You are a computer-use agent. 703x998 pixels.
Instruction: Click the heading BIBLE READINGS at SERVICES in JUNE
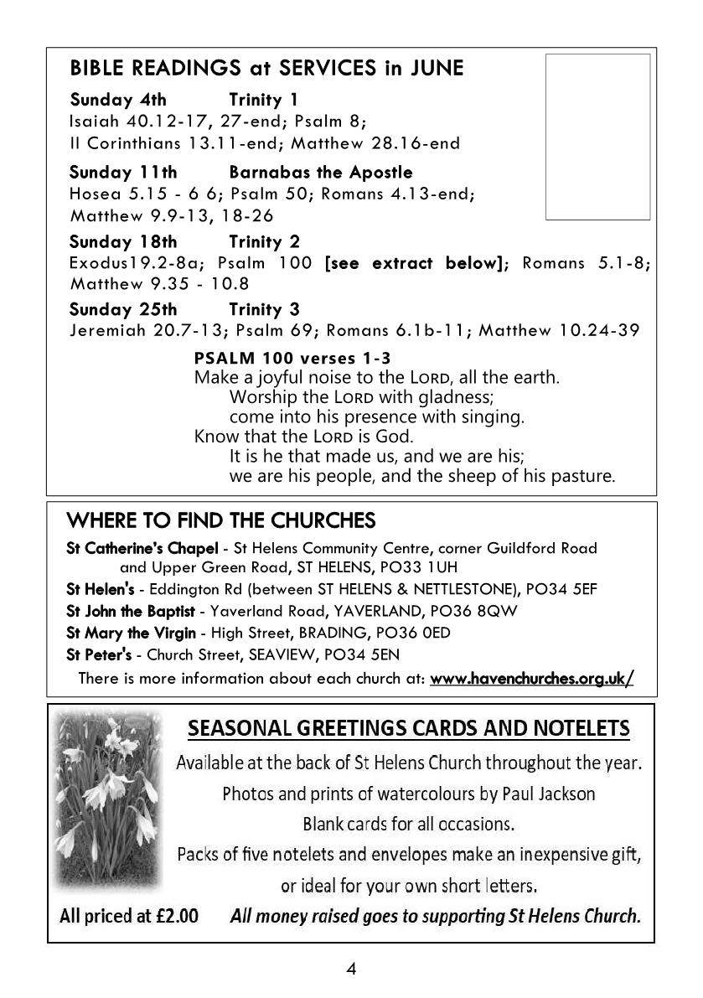[x=266, y=68]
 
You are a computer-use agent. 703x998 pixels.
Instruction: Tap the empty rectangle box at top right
[x=597, y=137]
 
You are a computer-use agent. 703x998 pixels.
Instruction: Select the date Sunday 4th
[x=118, y=100]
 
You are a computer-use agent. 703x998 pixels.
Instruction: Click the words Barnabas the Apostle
[x=320, y=173]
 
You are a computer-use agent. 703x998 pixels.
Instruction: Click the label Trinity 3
[x=264, y=309]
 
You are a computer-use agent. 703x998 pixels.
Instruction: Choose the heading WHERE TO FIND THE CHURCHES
[x=220, y=521]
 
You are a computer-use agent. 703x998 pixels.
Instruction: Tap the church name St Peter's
[x=93, y=654]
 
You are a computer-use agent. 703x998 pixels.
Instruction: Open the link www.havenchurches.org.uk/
[x=531, y=678]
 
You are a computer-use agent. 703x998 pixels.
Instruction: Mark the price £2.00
[x=177, y=916]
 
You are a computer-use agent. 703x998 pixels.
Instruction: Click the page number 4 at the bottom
[x=351, y=970]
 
